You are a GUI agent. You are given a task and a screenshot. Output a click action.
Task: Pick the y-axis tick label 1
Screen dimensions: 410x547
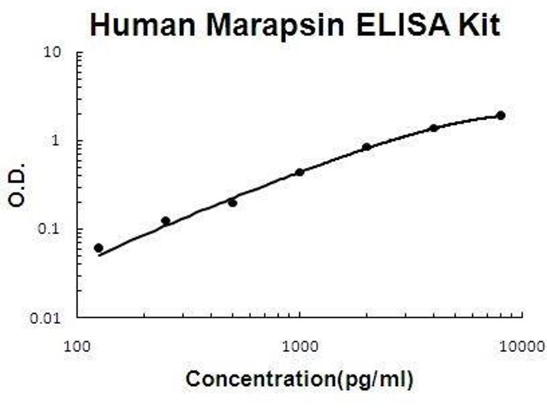[x=60, y=142]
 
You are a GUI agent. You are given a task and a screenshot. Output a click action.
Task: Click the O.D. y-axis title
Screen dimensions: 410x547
[x=18, y=185]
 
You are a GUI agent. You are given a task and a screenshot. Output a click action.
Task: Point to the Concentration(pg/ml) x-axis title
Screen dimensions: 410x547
[x=300, y=378]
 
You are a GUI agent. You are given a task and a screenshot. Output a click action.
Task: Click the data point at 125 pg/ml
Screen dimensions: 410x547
[x=98, y=247]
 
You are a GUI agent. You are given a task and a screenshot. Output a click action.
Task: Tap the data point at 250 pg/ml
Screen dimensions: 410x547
[x=165, y=221]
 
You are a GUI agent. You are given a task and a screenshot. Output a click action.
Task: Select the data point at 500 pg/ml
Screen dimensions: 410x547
[x=232, y=202]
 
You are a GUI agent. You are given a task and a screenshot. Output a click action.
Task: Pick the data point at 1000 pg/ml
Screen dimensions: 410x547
[x=299, y=172]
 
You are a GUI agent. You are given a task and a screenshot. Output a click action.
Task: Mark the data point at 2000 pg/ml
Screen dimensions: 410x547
[x=366, y=147]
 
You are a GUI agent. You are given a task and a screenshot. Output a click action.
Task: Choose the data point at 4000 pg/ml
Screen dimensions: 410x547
[x=433, y=128]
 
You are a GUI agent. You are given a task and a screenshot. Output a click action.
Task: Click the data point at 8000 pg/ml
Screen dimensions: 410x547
[x=501, y=115]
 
